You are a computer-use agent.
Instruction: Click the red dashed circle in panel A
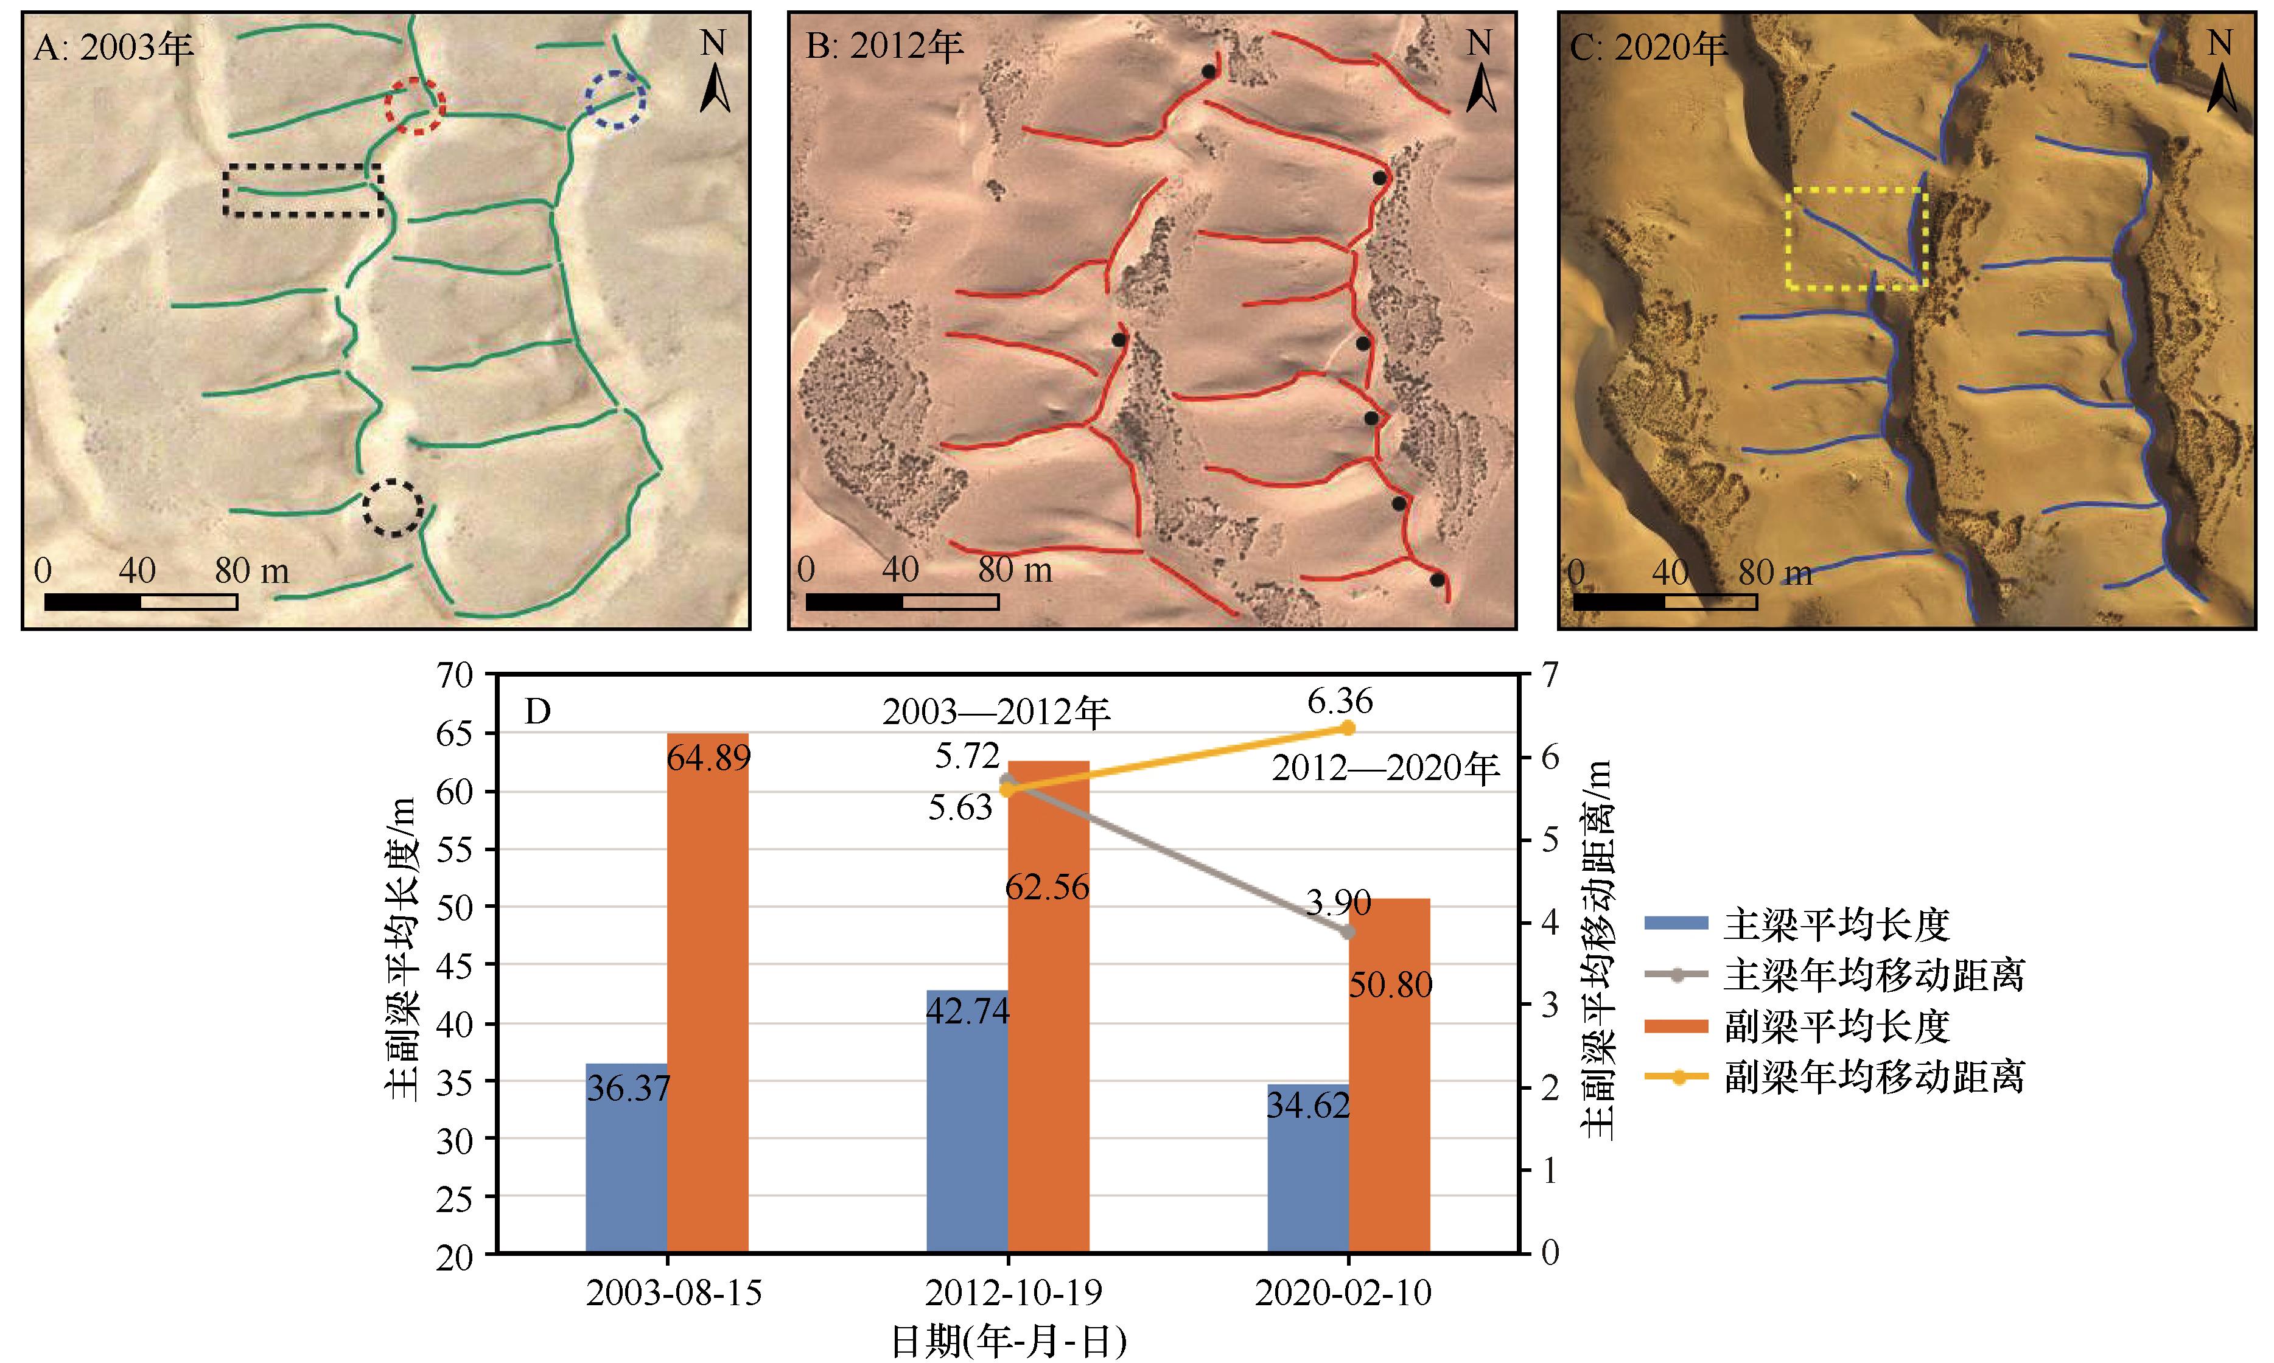click(415, 106)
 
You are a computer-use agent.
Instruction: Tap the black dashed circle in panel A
click(393, 507)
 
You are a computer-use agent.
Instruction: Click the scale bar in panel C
click(1665, 602)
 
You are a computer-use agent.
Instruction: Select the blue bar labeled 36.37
click(626, 1158)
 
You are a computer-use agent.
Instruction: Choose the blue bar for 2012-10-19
click(967, 1121)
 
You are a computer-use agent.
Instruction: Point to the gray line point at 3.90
click(1348, 932)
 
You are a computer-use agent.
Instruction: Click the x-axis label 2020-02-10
click(1343, 1293)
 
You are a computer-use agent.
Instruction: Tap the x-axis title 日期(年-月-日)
click(1008, 1342)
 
